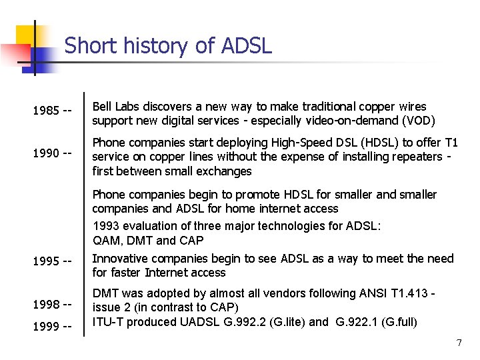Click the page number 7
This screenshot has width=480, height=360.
pyautogui.click(x=459, y=343)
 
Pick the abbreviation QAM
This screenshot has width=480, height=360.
pyautogui.click(x=105, y=240)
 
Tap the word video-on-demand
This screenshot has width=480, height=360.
pyautogui.click(x=353, y=121)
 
